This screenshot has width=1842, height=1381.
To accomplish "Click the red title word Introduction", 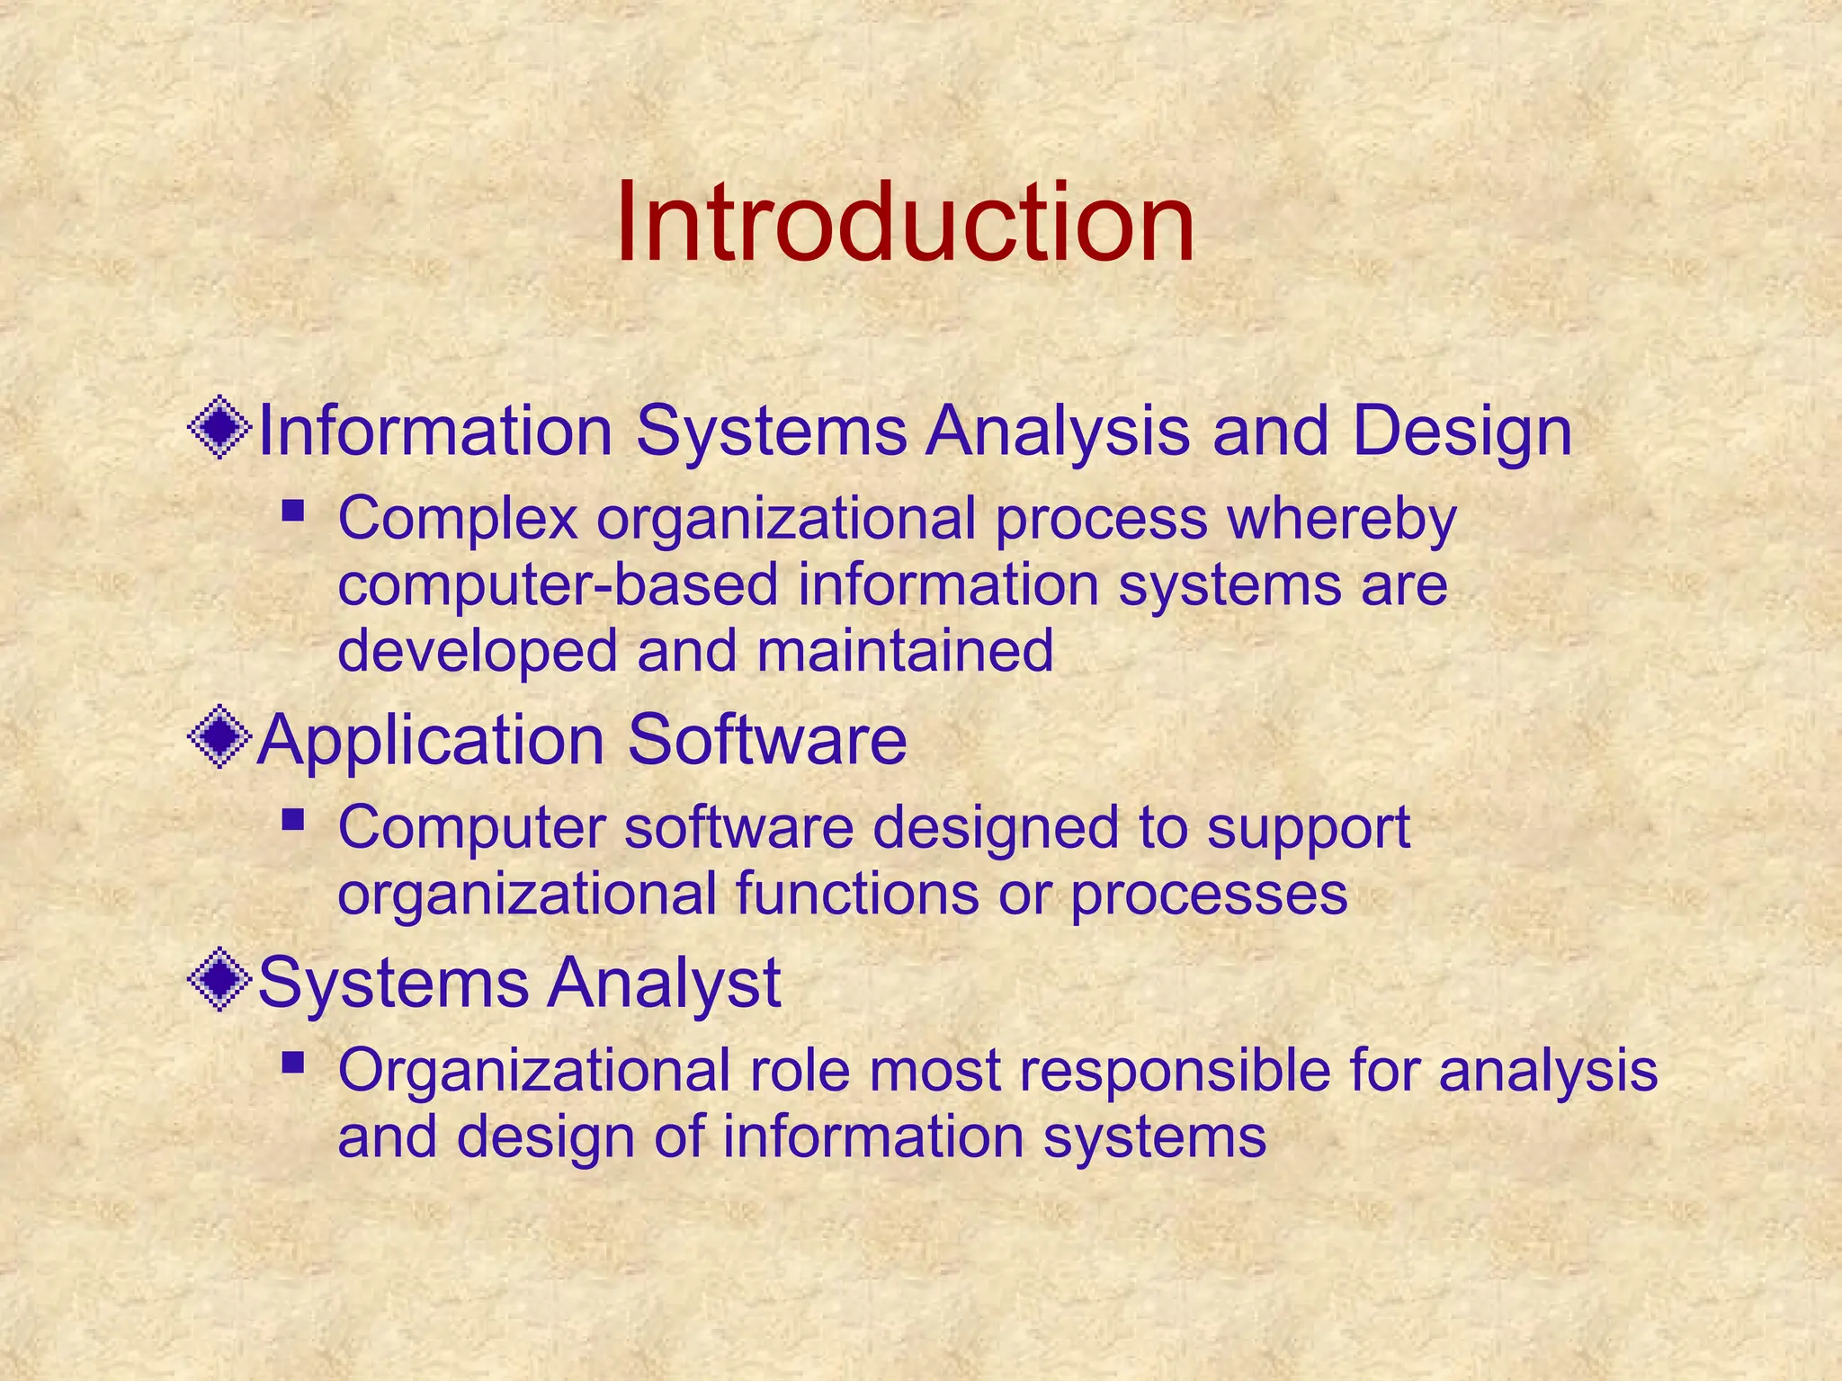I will (906, 222).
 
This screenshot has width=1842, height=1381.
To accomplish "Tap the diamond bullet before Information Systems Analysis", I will (219, 430).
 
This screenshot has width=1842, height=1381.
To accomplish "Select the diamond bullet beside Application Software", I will (219, 738).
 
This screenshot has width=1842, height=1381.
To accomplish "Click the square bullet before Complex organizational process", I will (292, 512).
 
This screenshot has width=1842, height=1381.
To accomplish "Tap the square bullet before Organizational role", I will (292, 1064).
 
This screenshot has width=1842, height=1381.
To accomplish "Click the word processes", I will (1209, 895).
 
